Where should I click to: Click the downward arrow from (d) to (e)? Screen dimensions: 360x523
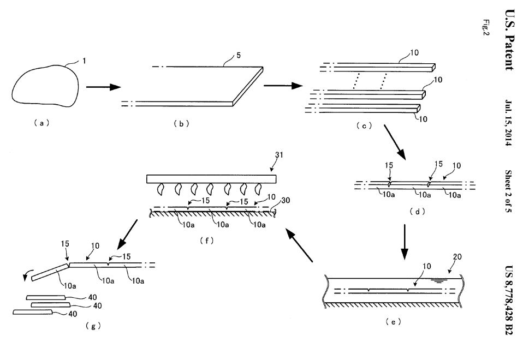405,242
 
